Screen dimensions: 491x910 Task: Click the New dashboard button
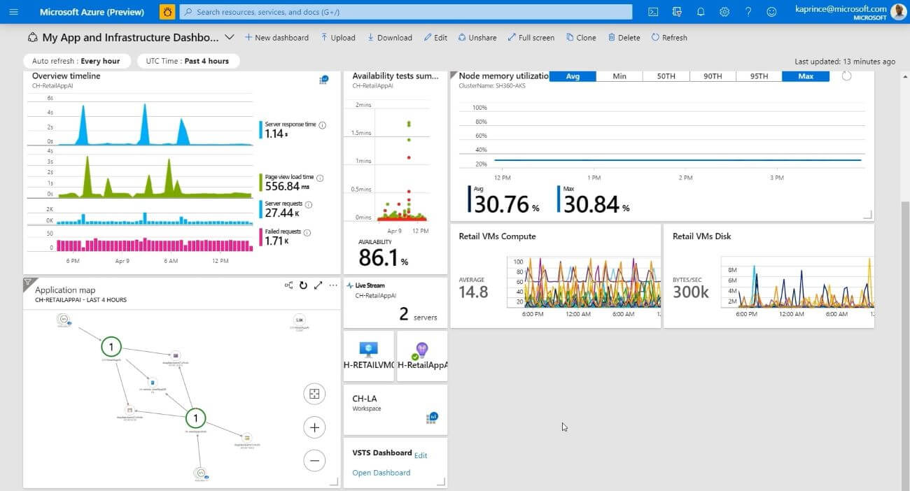tap(276, 38)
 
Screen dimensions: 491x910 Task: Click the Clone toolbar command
tap(581, 38)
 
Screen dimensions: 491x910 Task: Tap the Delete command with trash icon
tap(624, 38)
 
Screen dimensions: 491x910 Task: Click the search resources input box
tap(406, 12)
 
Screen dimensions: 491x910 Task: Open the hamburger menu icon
tap(14, 12)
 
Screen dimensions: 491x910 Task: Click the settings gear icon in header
tap(724, 12)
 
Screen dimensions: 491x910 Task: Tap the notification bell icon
tap(701, 12)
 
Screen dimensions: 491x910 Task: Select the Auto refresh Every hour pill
tap(76, 61)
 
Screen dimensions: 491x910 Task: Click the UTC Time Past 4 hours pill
tap(188, 61)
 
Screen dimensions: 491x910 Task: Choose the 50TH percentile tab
tap(666, 76)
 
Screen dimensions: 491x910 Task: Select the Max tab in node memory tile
tap(806, 76)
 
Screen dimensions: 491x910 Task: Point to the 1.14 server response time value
tap(274, 134)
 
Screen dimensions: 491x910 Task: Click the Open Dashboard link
tap(381, 473)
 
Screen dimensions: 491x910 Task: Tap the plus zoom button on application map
tap(314, 427)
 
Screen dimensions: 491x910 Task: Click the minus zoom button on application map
tap(314, 460)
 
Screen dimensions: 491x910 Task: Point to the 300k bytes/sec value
tap(691, 292)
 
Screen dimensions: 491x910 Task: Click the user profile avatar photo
tap(898, 12)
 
